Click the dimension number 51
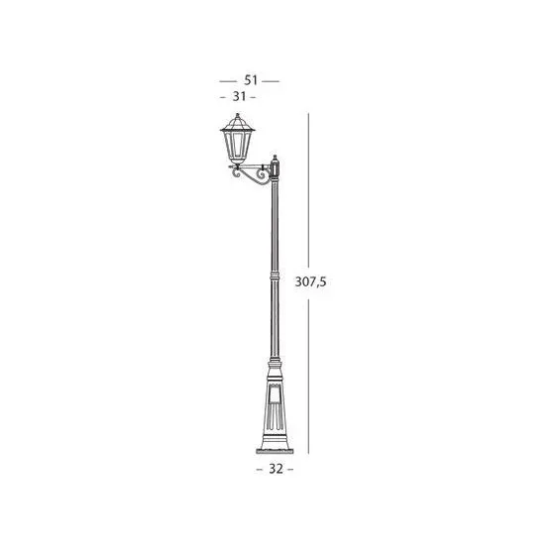tap(251, 80)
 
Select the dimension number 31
tap(239, 96)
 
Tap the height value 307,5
tap(310, 281)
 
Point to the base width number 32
tap(277, 469)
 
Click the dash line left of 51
tap(228, 81)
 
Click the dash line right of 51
tap(271, 81)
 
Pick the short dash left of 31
tap(223, 97)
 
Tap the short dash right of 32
tap(290, 470)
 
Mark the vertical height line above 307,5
tap(308, 190)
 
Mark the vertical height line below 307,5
tap(308, 377)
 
